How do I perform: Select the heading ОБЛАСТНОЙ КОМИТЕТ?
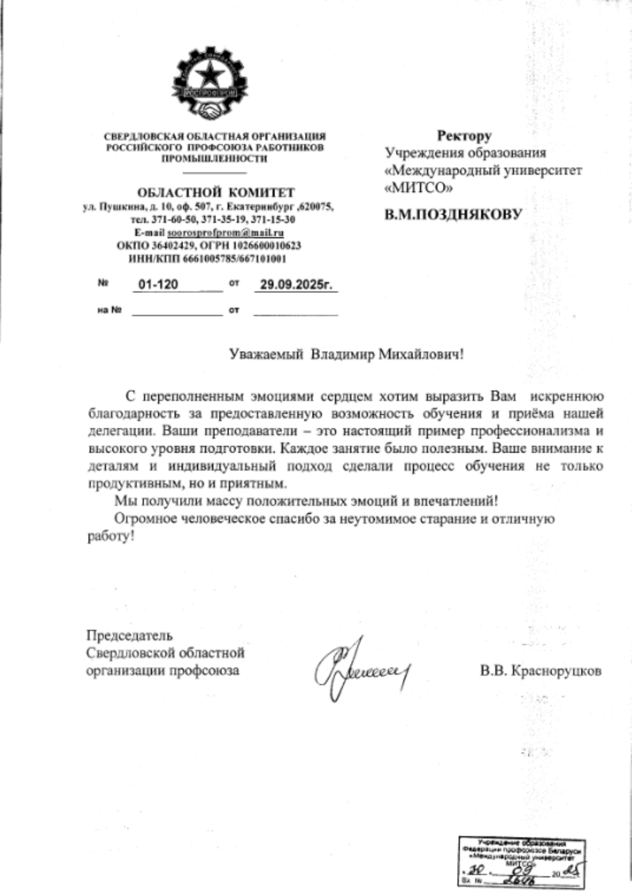[x=216, y=192]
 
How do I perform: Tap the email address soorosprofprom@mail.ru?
[x=226, y=233]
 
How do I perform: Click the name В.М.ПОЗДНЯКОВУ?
[x=453, y=214]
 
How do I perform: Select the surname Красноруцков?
[x=557, y=671]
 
